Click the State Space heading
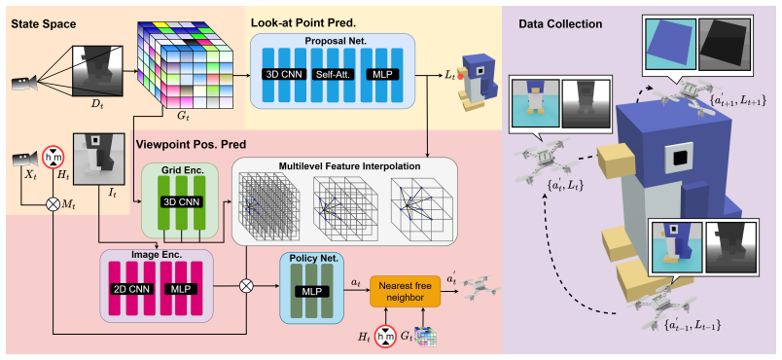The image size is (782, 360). coord(44,24)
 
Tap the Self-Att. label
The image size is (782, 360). coord(330,75)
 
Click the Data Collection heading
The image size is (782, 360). coord(560,24)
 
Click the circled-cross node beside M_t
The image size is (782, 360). coord(52,204)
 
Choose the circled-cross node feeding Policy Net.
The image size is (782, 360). coord(245,286)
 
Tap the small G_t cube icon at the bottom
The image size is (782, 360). coord(428,336)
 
